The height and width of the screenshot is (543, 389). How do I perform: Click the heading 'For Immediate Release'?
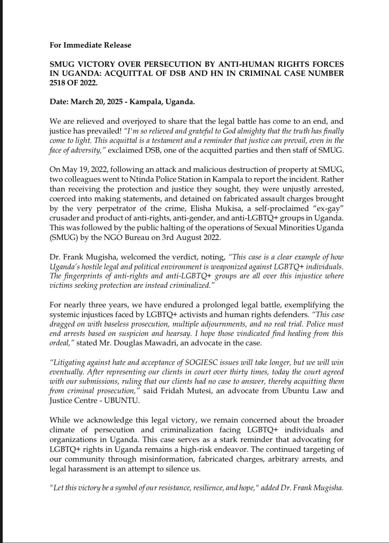(90, 45)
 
